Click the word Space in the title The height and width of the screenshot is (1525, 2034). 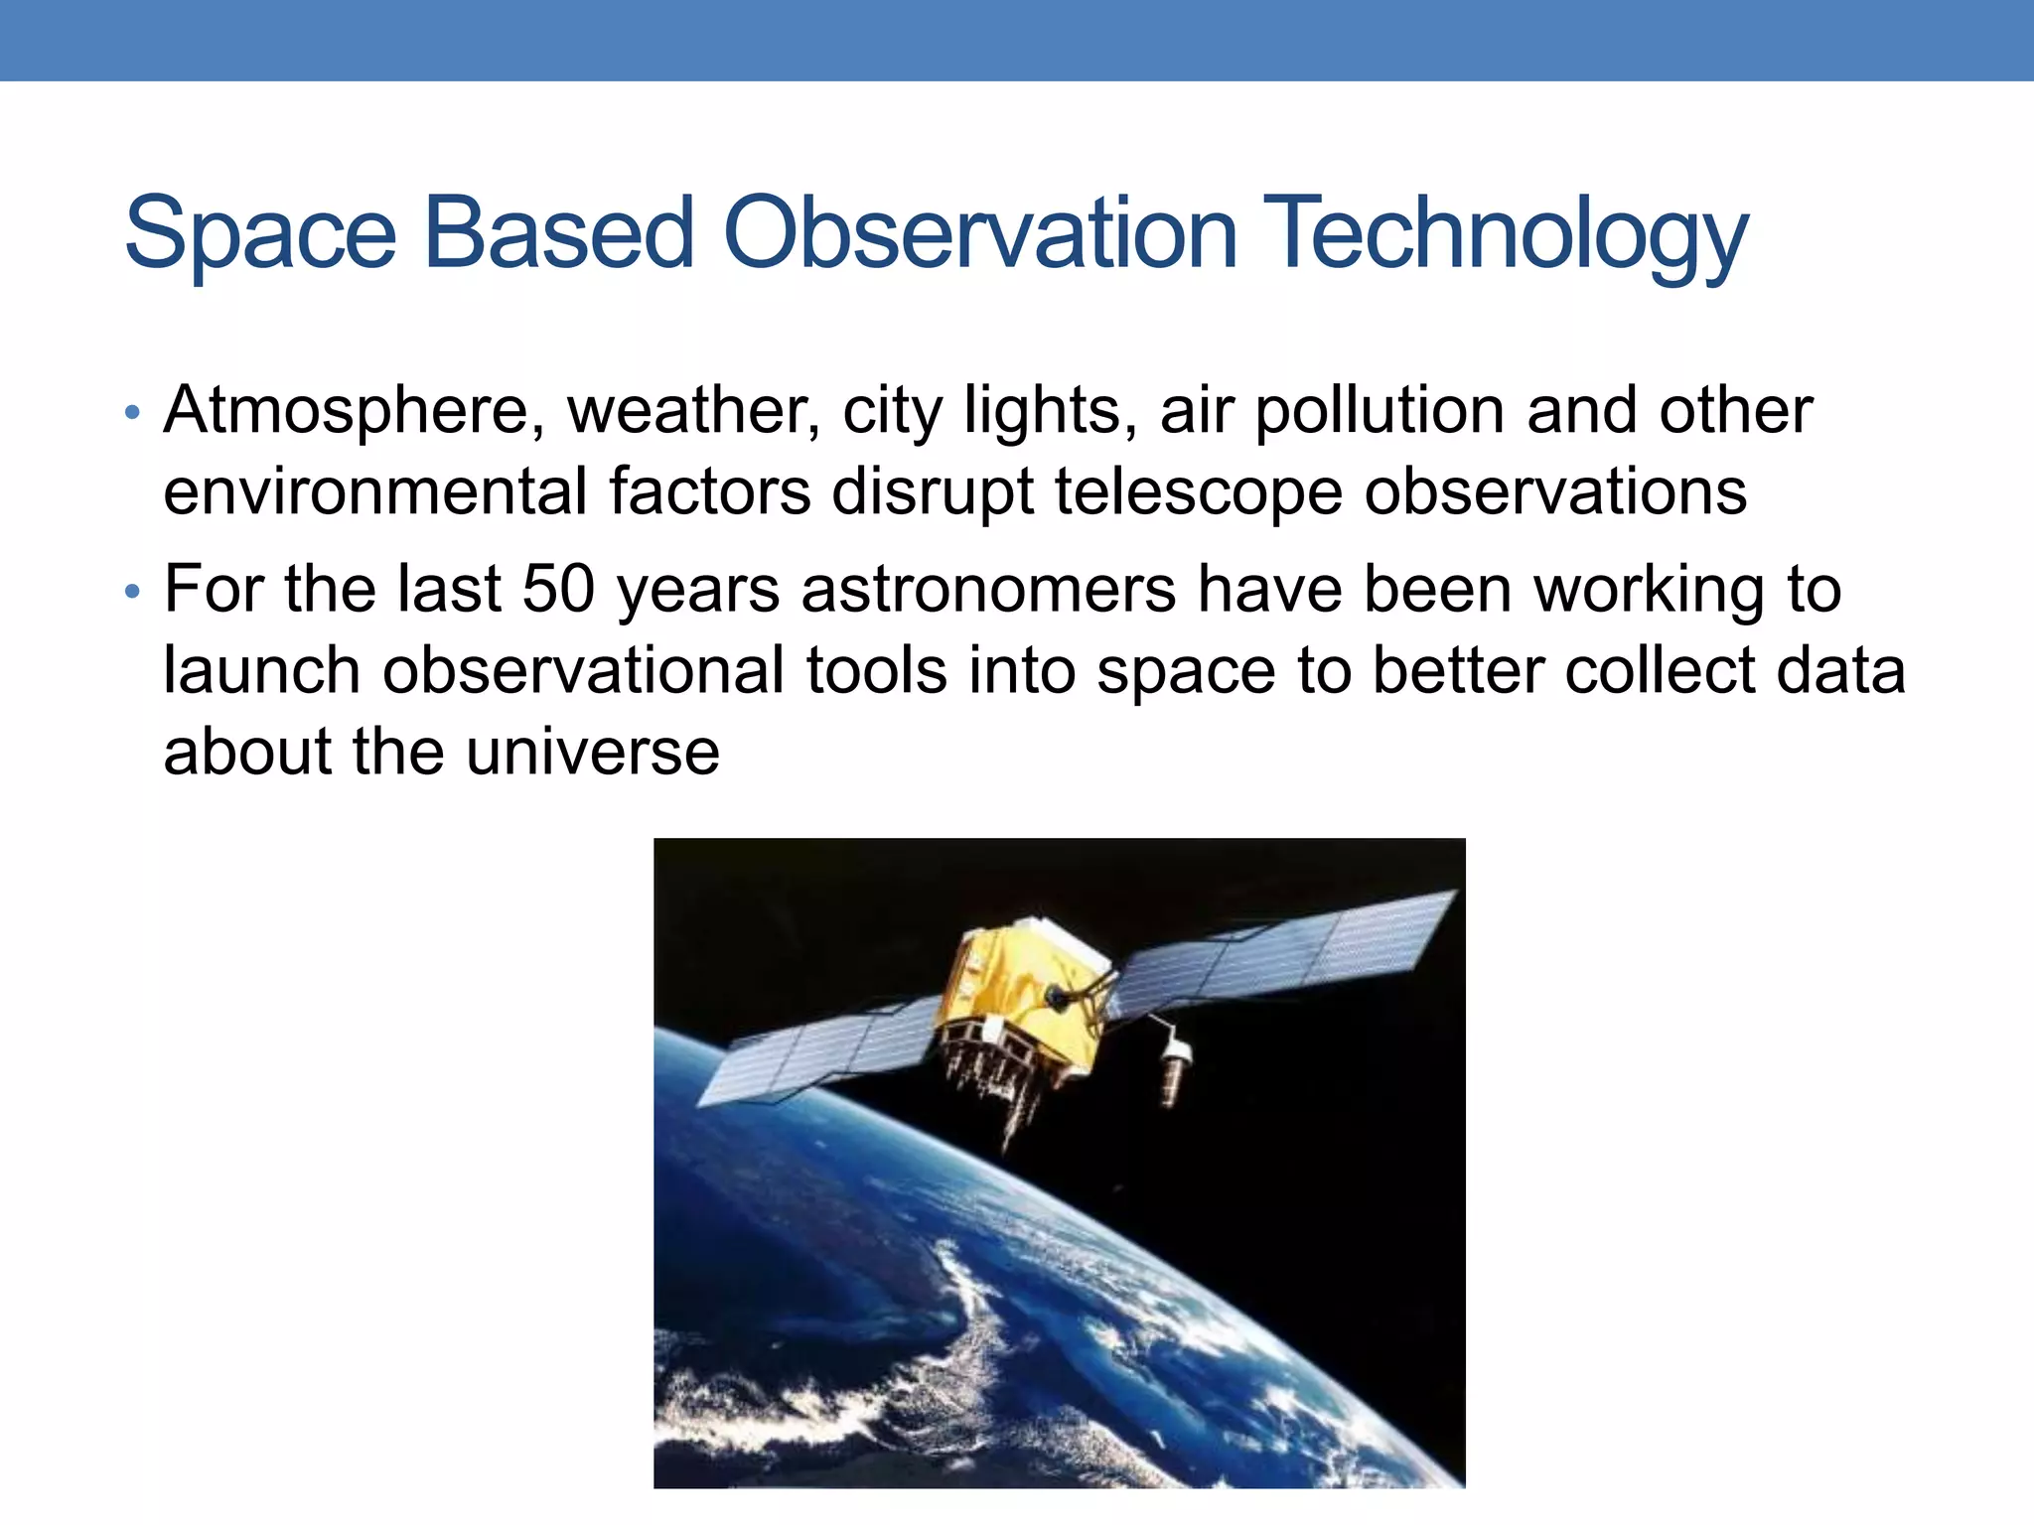click(x=260, y=234)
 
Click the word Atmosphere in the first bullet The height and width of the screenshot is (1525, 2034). click(x=354, y=410)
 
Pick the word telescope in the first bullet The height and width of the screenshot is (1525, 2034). click(x=1197, y=491)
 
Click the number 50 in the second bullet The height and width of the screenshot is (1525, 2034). click(x=558, y=589)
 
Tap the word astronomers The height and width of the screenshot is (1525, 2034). click(x=988, y=589)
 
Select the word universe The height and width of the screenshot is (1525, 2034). click(x=592, y=752)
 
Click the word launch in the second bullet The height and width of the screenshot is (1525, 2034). click(x=261, y=670)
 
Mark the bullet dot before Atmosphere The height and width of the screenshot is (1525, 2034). click(x=133, y=413)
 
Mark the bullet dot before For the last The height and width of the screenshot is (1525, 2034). click(x=133, y=593)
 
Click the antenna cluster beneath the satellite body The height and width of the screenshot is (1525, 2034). click(x=1003, y=1082)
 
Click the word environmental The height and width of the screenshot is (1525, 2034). click(x=375, y=491)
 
